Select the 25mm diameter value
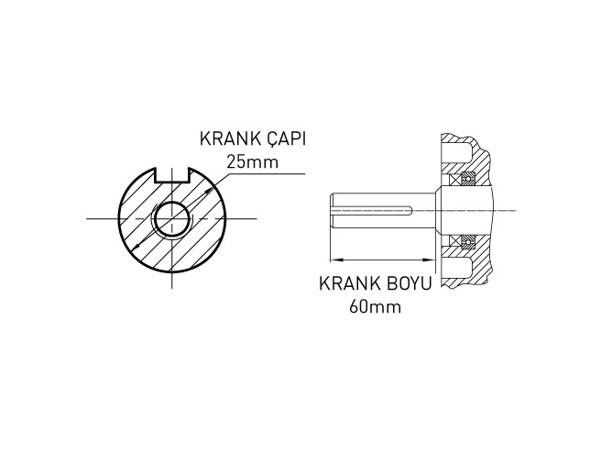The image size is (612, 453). [x=250, y=162]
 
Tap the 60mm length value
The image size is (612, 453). [x=376, y=305]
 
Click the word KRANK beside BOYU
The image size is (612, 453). [x=346, y=283]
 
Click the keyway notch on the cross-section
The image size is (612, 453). [x=171, y=172]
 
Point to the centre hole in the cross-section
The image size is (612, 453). [x=171, y=219]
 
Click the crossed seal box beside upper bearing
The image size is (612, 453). [x=458, y=177]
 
